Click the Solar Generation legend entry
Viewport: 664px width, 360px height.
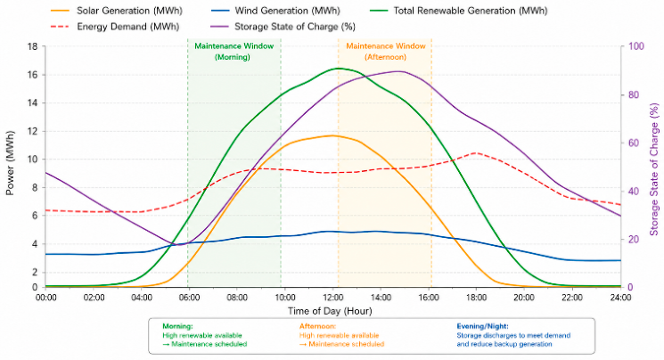[x=117, y=11]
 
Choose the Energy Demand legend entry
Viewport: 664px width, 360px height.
[x=114, y=27]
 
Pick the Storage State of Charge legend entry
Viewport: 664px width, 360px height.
[x=282, y=27]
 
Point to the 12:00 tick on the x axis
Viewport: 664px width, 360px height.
[x=332, y=298]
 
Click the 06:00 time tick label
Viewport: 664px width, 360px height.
[x=189, y=298]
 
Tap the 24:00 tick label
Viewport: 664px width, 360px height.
[x=620, y=298]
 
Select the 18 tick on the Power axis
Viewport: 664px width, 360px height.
[x=32, y=46]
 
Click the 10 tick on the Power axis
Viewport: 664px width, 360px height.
[x=32, y=160]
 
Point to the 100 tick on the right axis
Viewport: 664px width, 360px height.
[x=635, y=46]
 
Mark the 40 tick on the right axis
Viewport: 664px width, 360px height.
[x=633, y=191]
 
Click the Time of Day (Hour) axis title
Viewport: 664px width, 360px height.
[x=330, y=311]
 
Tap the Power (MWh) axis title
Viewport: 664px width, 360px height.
[x=10, y=163]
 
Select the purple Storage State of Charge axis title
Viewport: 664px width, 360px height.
[x=654, y=169]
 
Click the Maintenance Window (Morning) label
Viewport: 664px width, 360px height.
[x=234, y=52]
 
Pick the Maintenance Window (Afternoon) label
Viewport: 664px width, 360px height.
[x=385, y=52]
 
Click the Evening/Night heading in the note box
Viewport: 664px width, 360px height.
[x=482, y=326]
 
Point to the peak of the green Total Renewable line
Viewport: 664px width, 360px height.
[x=339, y=69]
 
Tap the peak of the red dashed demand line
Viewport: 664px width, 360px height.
[x=476, y=153]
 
